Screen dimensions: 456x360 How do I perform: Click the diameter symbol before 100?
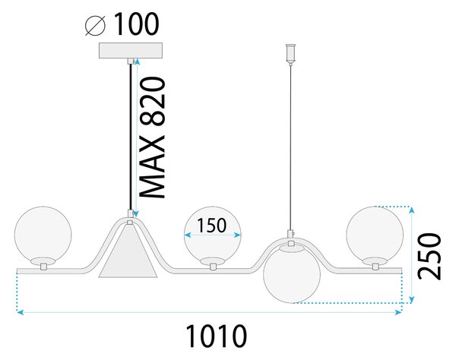point(95,26)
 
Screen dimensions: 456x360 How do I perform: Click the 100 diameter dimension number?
point(137,24)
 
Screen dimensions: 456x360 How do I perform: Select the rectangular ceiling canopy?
point(131,51)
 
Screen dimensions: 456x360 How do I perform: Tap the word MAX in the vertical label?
point(152,167)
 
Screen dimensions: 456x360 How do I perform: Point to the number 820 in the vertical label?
point(152,102)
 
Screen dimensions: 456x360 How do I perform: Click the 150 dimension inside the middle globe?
point(211,226)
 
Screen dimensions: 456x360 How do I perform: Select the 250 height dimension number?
point(429,256)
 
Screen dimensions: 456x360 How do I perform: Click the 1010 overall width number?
point(216,336)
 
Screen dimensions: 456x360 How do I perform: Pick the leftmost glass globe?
point(43,235)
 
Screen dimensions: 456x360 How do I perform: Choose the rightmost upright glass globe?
point(375,235)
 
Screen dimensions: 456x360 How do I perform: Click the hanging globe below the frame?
point(292,274)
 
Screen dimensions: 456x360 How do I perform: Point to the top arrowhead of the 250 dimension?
point(411,210)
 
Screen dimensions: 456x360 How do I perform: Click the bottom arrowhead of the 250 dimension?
point(411,299)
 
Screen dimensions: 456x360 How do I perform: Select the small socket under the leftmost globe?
point(43,267)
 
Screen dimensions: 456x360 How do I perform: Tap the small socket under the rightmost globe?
point(375,267)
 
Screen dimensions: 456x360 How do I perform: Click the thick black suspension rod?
point(131,137)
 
